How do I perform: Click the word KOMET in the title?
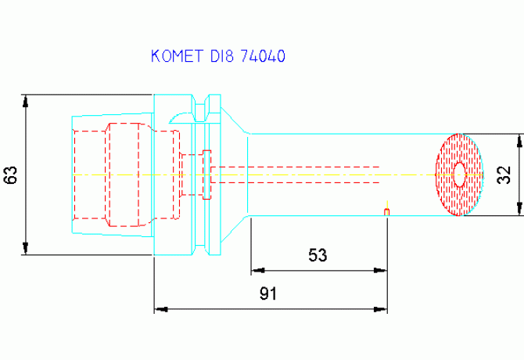(177, 56)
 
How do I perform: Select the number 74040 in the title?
(263, 56)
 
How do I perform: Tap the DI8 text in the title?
(221, 56)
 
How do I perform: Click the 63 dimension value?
(10, 175)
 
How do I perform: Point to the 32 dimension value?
(504, 175)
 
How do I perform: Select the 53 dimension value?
(318, 255)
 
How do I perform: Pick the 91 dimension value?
(268, 293)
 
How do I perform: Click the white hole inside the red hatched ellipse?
(460, 175)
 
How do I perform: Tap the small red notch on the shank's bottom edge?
(386, 212)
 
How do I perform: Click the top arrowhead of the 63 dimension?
(25, 101)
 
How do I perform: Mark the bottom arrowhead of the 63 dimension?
(25, 248)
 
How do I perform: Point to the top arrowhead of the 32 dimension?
(519, 141)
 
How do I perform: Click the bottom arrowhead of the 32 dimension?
(519, 209)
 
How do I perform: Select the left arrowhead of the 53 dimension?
(258, 270)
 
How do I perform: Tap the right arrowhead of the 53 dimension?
(380, 270)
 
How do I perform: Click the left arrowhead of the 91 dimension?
(161, 309)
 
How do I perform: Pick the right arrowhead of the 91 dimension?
(380, 309)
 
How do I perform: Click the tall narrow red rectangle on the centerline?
(206, 175)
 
